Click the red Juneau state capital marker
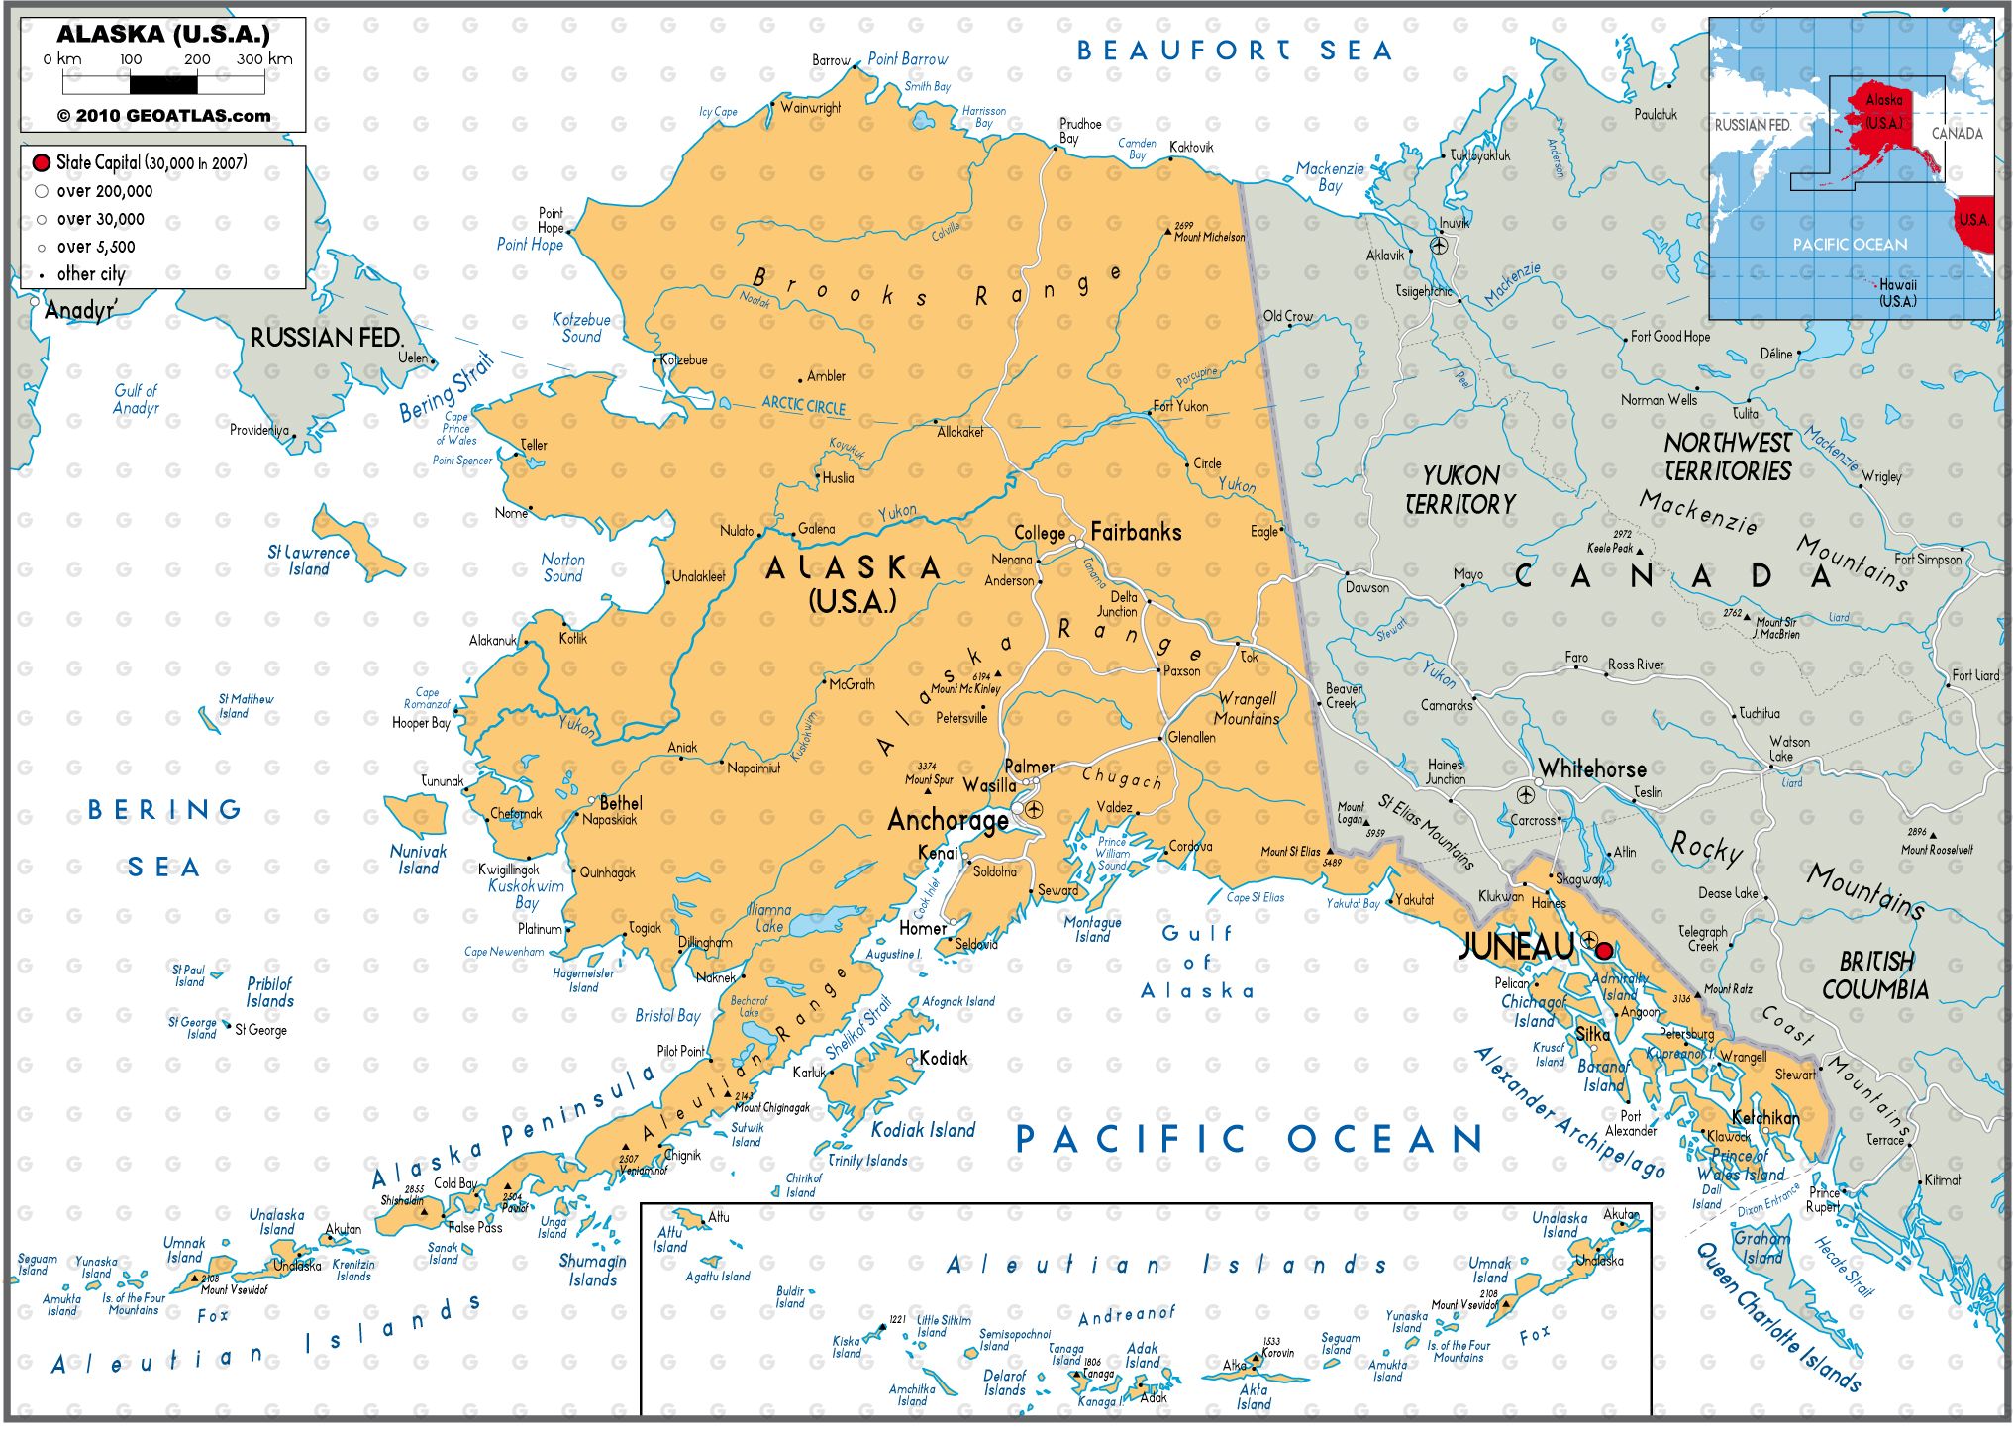click(1604, 951)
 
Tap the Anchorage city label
click(947, 820)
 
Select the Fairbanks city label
click(1136, 532)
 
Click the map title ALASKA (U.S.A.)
click(163, 34)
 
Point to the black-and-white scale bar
click(163, 85)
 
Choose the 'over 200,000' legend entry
click(104, 191)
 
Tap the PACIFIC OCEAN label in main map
click(1250, 1139)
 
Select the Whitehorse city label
click(1592, 768)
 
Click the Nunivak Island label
click(418, 860)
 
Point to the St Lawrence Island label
click(308, 561)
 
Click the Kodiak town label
click(943, 1058)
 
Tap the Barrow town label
click(831, 60)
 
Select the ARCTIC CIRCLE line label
click(803, 405)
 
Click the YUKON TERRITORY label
click(1459, 489)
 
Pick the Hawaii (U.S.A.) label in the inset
click(1897, 293)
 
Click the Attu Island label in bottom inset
click(669, 1239)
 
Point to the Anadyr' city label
click(79, 310)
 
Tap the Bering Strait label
click(446, 387)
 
